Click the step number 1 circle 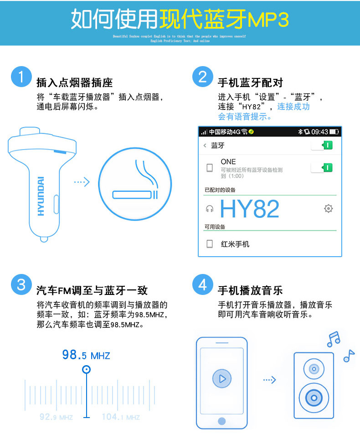coord(21,76)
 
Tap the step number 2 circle coord(203,76)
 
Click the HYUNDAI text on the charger coord(41,196)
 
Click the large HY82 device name coord(249,209)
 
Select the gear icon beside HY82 coord(328,208)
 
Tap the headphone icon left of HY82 coord(210,209)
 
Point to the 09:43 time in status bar coord(319,132)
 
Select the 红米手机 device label coord(235,244)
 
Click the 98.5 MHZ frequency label coord(86,355)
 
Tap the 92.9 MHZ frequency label coord(56,417)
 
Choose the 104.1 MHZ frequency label coord(120,417)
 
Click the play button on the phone coord(222,378)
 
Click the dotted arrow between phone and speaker coord(270,379)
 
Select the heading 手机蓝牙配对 coord(250,83)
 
